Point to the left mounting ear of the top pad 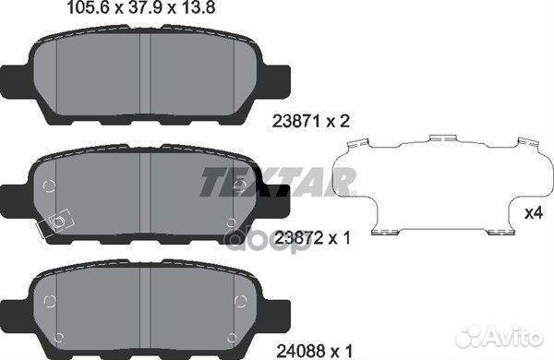[16, 78]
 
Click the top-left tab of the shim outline [361, 144]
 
